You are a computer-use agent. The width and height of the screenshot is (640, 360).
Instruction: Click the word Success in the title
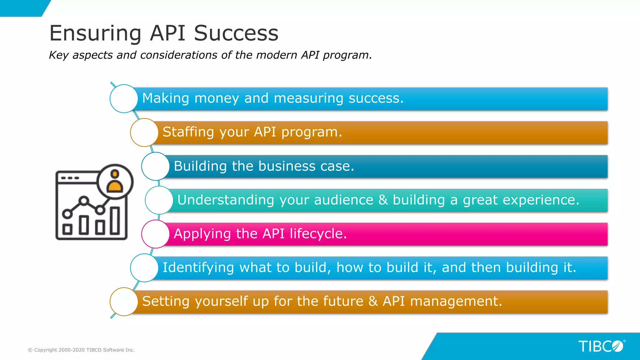236,33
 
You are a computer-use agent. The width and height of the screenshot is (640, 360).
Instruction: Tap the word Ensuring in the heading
95,33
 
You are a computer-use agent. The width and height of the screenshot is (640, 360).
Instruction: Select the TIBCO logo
601,346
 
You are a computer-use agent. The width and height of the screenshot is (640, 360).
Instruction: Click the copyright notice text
81,350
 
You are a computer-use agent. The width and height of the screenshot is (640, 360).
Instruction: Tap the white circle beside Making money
124,98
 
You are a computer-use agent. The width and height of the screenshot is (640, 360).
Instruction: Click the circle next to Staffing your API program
144,132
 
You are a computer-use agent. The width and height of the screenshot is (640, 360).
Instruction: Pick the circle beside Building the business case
155,166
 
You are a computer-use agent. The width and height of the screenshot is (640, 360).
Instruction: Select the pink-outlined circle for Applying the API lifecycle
155,234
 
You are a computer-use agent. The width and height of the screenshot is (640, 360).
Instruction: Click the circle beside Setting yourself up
124,302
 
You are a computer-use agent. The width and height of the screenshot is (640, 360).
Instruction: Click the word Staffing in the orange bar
188,132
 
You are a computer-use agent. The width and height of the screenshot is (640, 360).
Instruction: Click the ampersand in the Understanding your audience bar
383,200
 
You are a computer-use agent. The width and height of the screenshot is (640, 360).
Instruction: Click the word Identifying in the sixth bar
198,267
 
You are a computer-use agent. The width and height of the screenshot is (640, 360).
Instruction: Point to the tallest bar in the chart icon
115,221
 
